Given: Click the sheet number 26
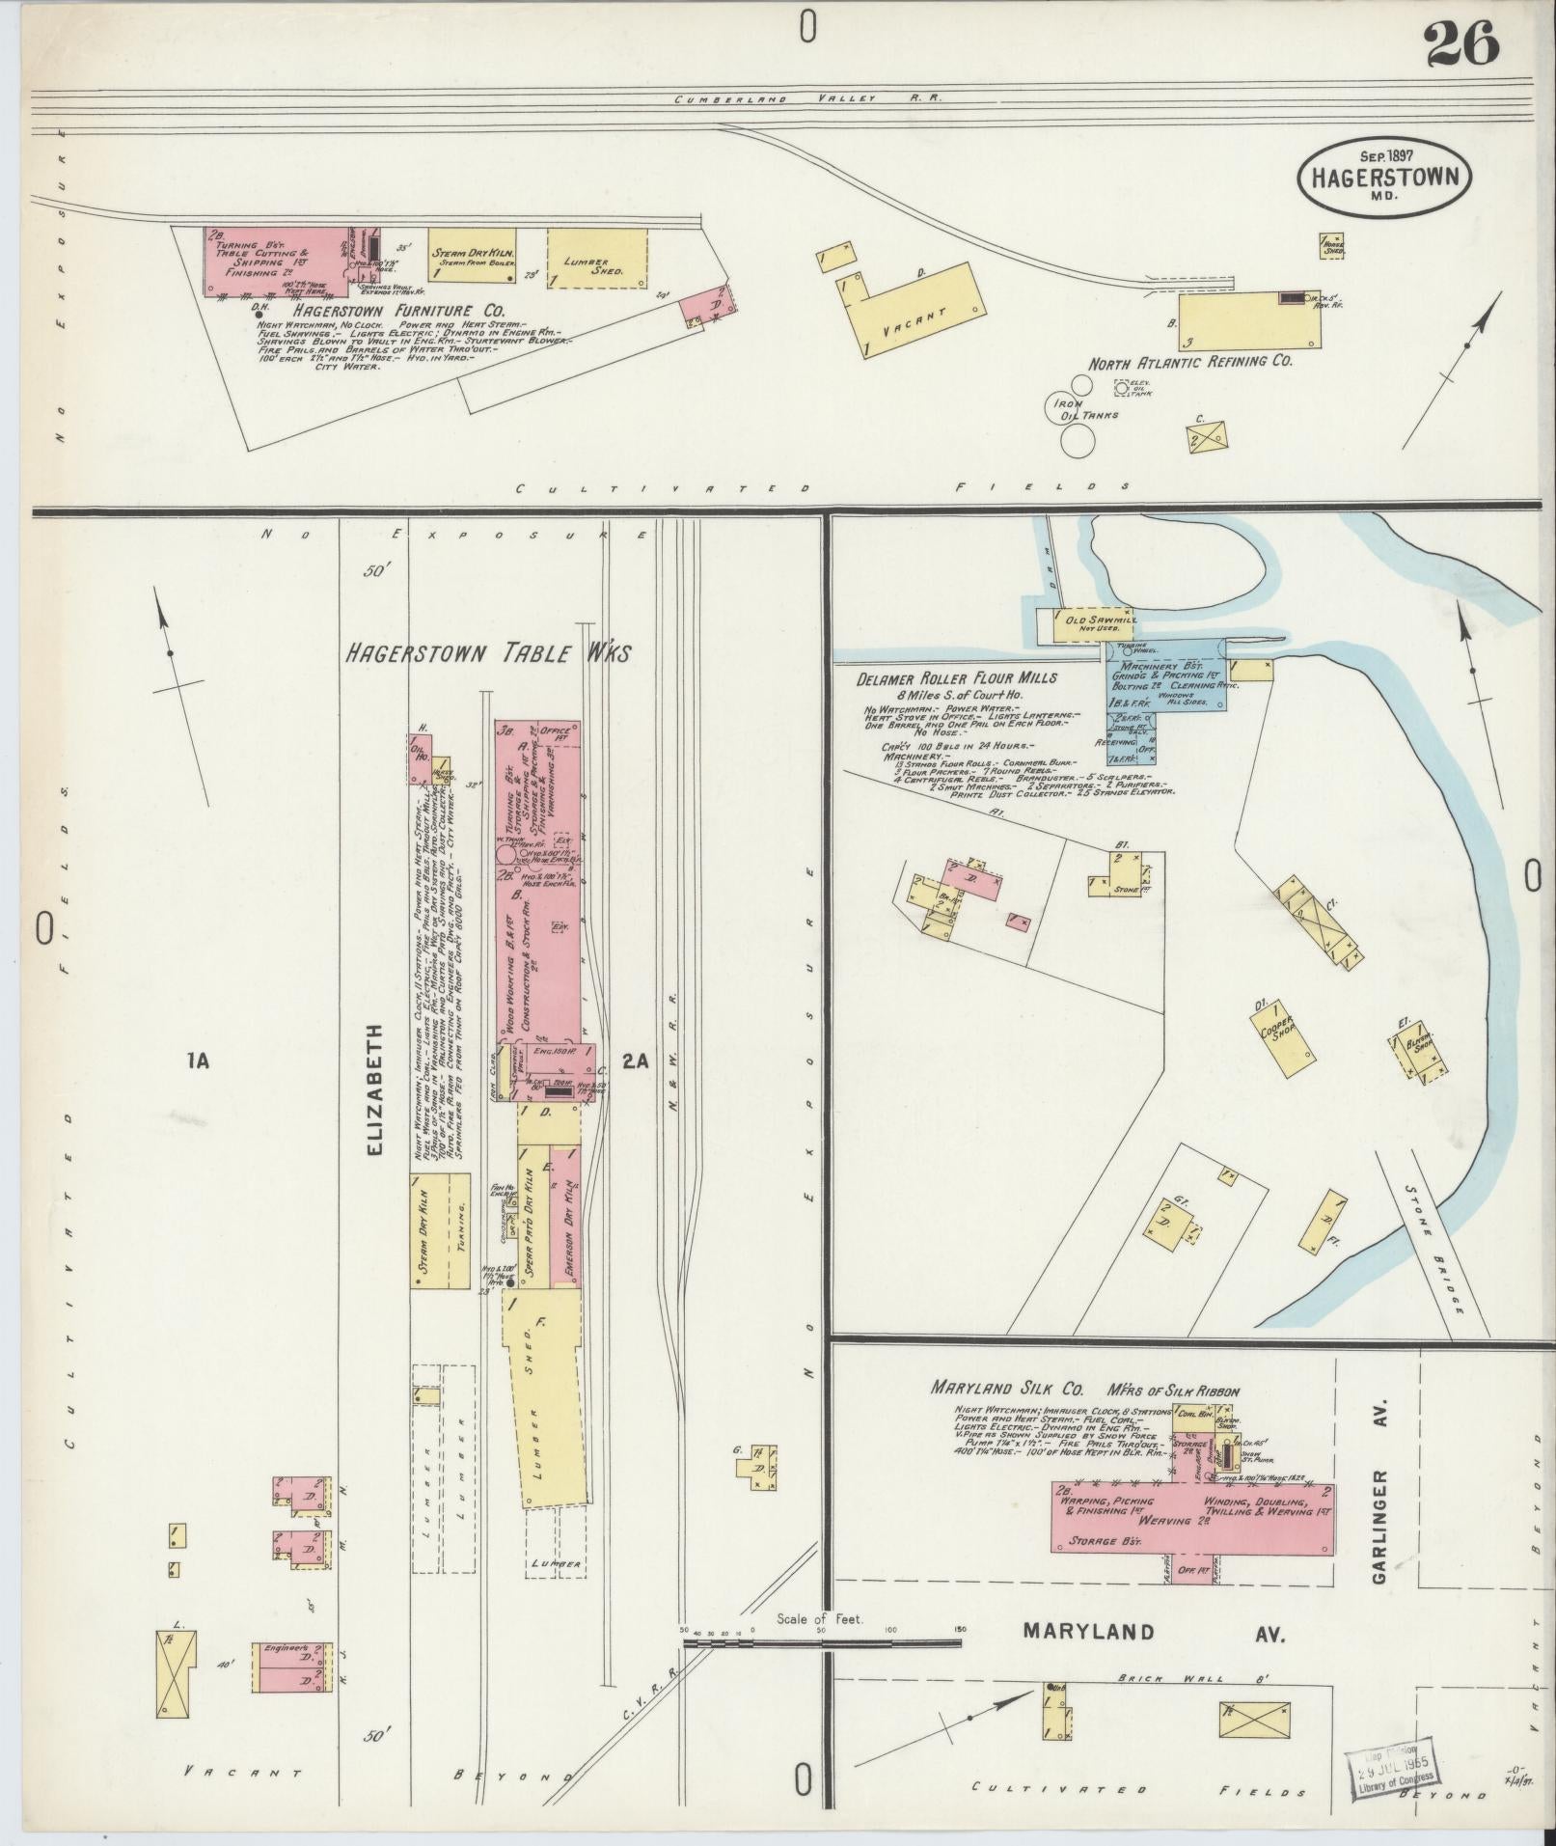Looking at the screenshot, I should tap(1462, 44).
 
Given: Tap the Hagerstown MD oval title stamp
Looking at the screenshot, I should tap(1385, 179).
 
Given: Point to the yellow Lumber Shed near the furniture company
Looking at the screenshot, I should tap(597, 258).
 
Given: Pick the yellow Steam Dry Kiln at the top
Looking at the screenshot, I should tap(474, 256).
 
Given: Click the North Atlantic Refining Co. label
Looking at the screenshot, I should tap(1190, 363).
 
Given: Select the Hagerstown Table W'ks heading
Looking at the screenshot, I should tap(488, 653).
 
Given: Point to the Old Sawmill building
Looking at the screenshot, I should tap(1084, 625).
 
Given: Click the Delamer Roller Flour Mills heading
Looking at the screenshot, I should tap(957, 678).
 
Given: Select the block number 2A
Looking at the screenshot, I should tap(636, 1061).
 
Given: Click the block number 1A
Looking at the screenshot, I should tap(198, 1062).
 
